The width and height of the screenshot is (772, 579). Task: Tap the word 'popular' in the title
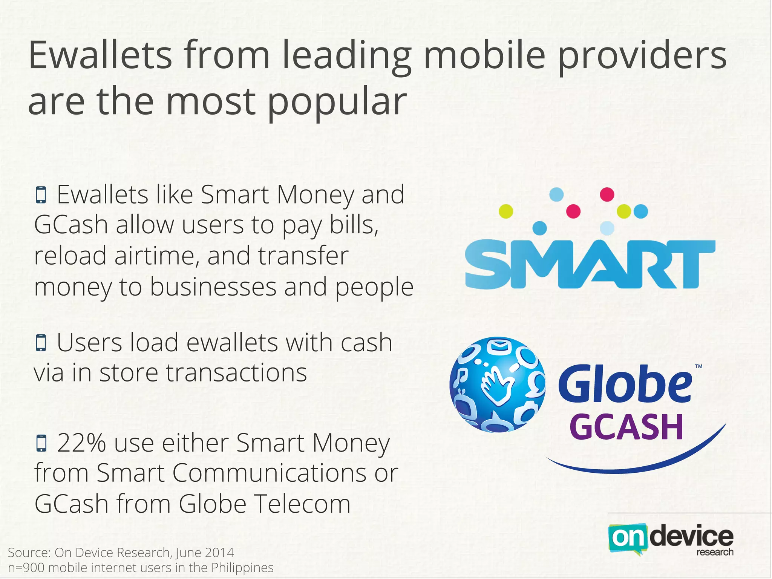[x=337, y=101]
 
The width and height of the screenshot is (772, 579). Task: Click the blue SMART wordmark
[x=590, y=265]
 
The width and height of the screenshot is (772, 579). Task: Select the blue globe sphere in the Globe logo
[x=497, y=384]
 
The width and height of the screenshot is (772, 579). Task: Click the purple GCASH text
[x=626, y=427]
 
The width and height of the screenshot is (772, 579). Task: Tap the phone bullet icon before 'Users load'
[x=41, y=343]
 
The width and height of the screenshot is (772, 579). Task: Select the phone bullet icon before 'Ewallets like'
[x=41, y=195]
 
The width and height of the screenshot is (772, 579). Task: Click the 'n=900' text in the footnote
[x=26, y=567]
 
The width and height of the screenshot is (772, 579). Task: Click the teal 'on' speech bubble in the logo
[x=626, y=539]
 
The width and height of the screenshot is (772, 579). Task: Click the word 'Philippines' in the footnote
[x=242, y=567]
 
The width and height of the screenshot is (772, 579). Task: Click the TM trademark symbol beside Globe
[x=698, y=366]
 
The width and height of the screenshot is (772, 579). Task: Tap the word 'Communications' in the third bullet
[x=270, y=473]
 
